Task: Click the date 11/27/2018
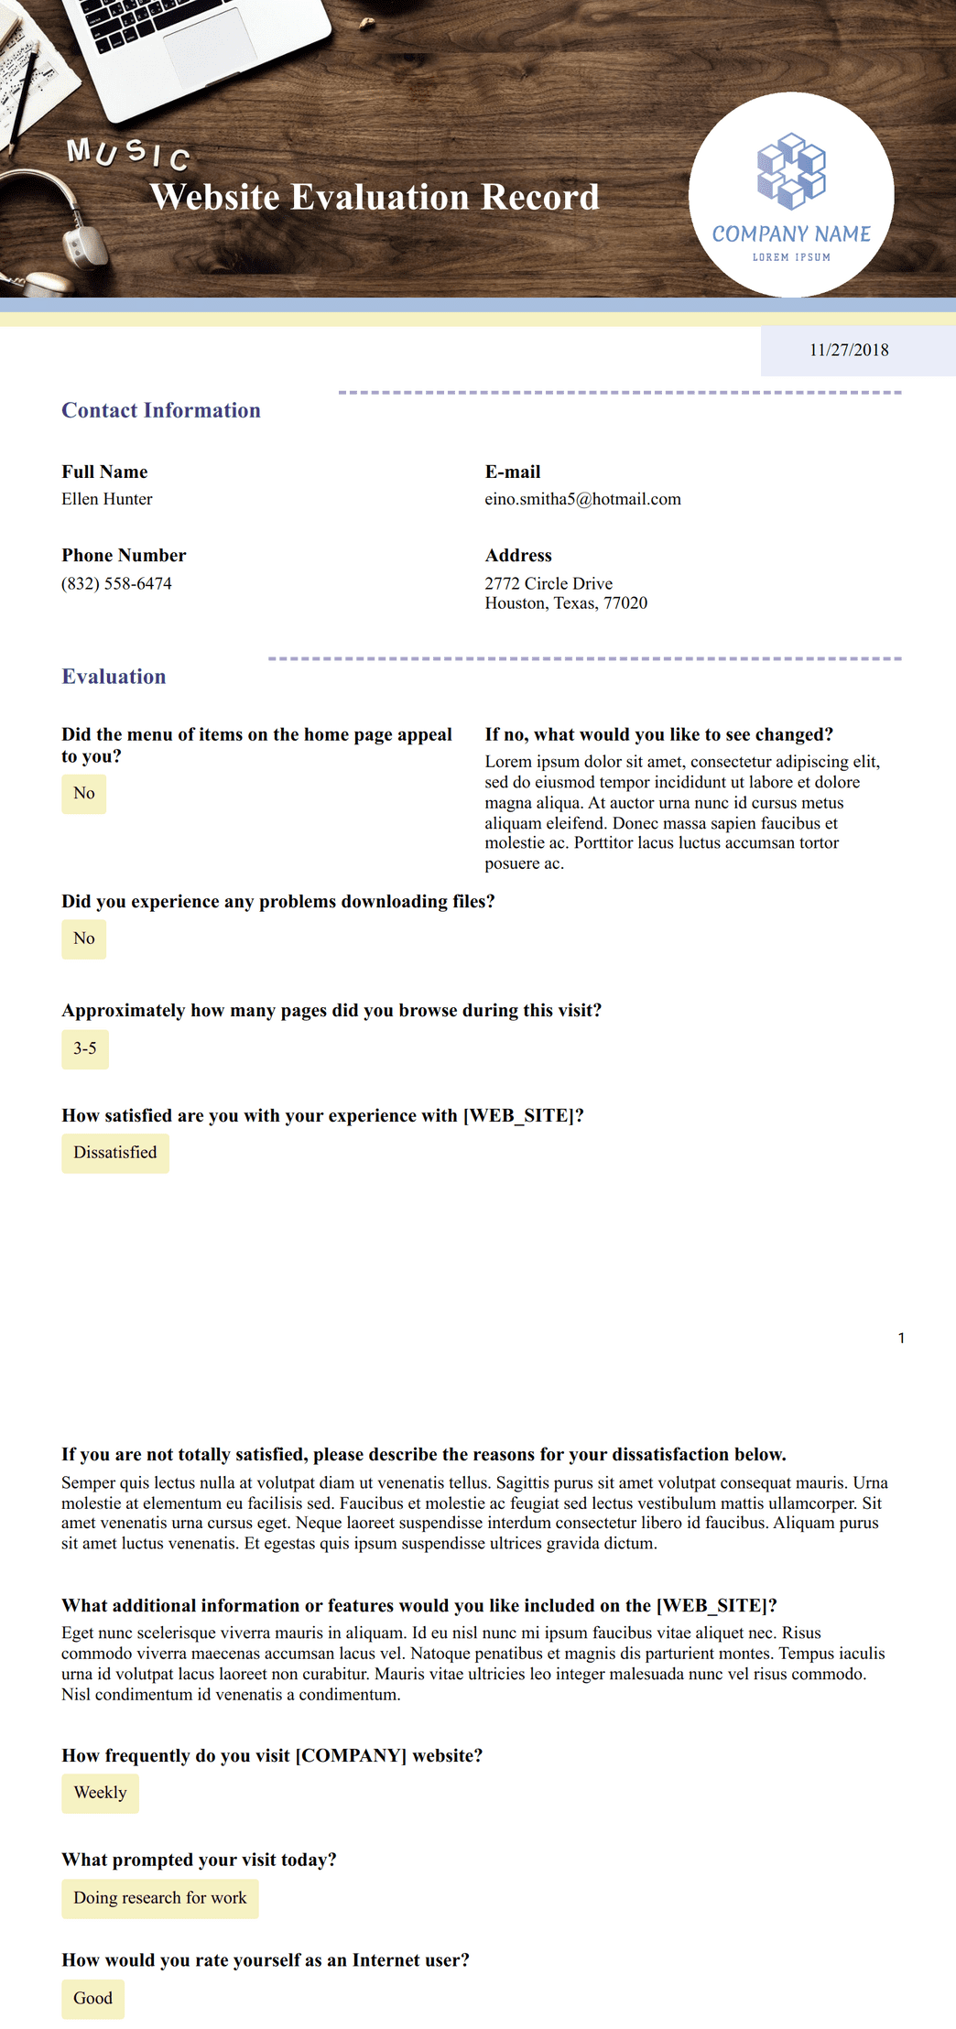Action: pyautogui.click(x=849, y=350)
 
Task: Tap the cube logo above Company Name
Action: pyautogui.click(x=791, y=171)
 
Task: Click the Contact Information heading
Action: pyautogui.click(x=161, y=410)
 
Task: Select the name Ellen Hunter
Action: pyautogui.click(x=107, y=499)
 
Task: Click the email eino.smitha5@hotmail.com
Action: pyautogui.click(x=582, y=499)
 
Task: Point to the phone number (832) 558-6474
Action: pyautogui.click(x=116, y=583)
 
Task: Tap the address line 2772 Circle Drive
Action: pyautogui.click(x=549, y=583)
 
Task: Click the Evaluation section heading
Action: pyautogui.click(x=114, y=677)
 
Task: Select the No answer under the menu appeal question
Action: pyautogui.click(x=84, y=794)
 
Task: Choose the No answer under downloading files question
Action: pyautogui.click(x=84, y=939)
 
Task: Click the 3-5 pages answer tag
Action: pyautogui.click(x=85, y=1048)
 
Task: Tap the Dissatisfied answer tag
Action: pyautogui.click(x=115, y=1153)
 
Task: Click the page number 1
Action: pyautogui.click(x=901, y=1338)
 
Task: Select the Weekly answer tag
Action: pyautogui.click(x=100, y=1793)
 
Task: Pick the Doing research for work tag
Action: pyautogui.click(x=160, y=1898)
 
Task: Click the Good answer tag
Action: pyautogui.click(x=92, y=1999)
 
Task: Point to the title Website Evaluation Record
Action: pyautogui.click(x=375, y=197)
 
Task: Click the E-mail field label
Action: pyautogui.click(x=513, y=472)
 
